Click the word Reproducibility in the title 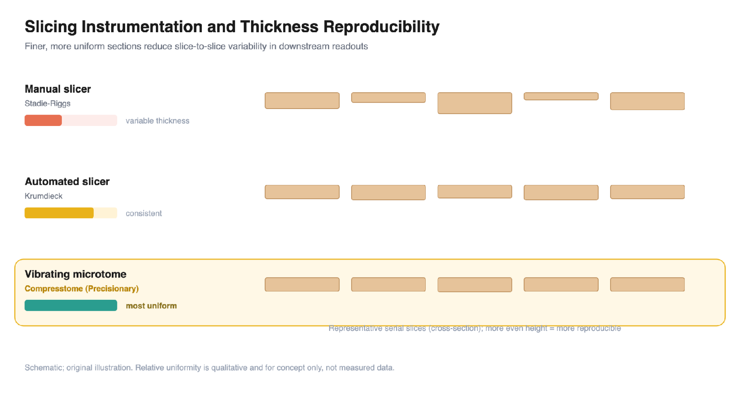[x=381, y=27]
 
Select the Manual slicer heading [x=58, y=89]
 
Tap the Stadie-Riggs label [x=47, y=103]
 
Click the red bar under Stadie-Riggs [x=43, y=120]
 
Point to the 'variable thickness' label [x=157, y=121]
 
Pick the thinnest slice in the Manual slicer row [x=561, y=96]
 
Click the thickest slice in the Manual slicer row [x=475, y=103]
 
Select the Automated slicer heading [x=67, y=182]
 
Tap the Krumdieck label [x=44, y=196]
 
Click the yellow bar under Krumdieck [x=59, y=213]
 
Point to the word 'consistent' [x=144, y=213]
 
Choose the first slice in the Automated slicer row [x=302, y=192]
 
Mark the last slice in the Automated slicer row [x=647, y=192]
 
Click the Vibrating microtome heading [x=76, y=274]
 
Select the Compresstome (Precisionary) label [x=82, y=289]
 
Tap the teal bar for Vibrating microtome [x=71, y=305]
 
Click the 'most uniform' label [x=151, y=306]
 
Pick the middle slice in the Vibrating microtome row [x=475, y=285]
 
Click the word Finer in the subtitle [x=36, y=46]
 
